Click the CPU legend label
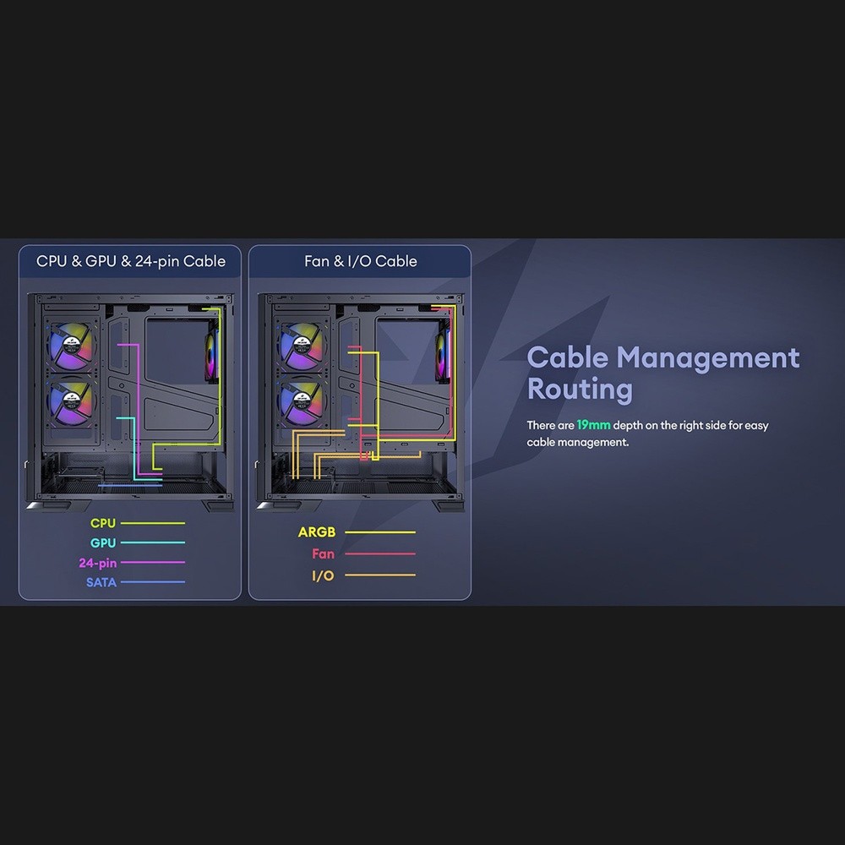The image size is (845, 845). click(103, 523)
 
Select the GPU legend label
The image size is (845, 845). click(103, 542)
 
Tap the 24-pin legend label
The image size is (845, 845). click(97, 563)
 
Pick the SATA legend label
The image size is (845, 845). click(101, 582)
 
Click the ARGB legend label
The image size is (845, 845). click(317, 532)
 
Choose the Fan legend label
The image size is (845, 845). click(324, 553)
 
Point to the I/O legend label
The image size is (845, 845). click(324, 575)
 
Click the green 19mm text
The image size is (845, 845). click(593, 425)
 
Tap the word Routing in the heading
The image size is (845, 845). click(580, 389)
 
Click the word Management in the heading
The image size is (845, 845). click(708, 357)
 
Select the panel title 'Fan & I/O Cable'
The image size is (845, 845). click(361, 261)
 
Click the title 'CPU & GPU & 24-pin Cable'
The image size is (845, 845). click(131, 261)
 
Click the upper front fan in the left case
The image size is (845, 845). click(71, 346)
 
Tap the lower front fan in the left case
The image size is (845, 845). click(71, 401)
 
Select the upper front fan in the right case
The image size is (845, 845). click(302, 346)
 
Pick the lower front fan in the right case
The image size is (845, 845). click(302, 401)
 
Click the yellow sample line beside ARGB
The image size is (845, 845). click(380, 532)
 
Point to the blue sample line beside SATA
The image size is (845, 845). click(152, 582)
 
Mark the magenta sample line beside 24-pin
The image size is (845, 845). click(152, 562)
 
